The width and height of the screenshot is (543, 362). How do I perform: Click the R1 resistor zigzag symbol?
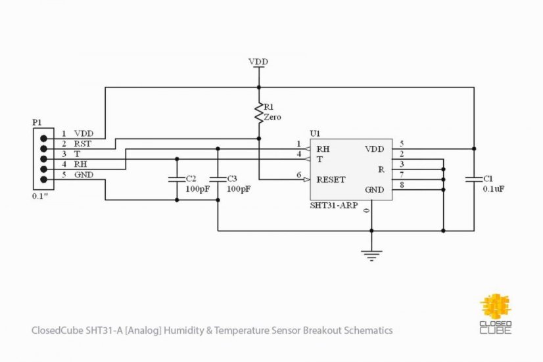point(259,112)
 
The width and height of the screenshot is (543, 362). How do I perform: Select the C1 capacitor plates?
point(474,179)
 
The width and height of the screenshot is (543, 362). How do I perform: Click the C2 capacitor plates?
point(177,179)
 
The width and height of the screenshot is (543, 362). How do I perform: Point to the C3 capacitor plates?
point(218,179)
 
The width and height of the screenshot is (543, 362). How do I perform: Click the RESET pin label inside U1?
point(331,179)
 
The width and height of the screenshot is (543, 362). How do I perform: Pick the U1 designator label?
point(315,133)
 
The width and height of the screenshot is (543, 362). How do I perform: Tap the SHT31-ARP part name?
point(334,206)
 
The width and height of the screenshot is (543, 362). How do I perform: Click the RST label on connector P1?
point(82,144)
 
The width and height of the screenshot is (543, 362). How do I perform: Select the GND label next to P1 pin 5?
point(83,175)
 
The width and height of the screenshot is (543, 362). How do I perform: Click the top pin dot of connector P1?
point(43,139)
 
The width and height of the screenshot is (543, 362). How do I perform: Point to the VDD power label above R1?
point(258,62)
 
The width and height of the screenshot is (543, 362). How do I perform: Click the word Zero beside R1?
point(273,118)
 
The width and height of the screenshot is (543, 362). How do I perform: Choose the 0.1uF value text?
point(494,189)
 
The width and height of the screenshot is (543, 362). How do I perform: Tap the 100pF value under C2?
point(197,189)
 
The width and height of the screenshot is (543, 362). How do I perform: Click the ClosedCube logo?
point(496,313)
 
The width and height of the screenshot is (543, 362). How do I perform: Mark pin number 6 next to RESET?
point(299,175)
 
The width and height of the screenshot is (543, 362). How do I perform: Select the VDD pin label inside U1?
point(374,149)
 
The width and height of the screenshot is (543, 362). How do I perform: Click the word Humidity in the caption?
point(184,330)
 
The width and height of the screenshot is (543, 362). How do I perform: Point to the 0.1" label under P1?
point(39,196)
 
